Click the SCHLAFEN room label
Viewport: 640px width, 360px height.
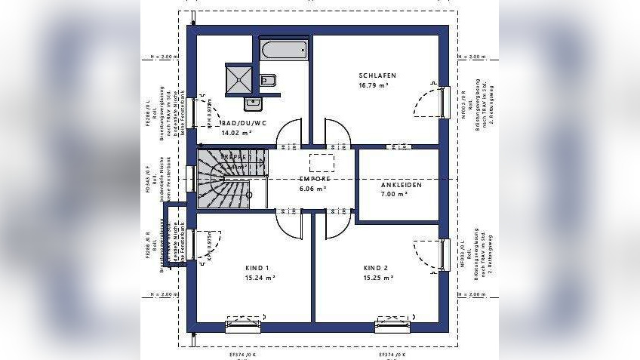click(x=377, y=75)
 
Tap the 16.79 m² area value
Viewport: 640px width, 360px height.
click(x=377, y=86)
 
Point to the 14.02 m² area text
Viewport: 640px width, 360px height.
click(x=237, y=133)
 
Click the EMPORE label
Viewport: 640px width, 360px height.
click(x=315, y=179)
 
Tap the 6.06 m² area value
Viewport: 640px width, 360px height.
click(x=313, y=189)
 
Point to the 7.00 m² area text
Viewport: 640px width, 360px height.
click(x=394, y=194)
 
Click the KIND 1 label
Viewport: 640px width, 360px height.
click(x=257, y=268)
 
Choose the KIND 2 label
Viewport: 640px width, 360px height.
click(x=375, y=268)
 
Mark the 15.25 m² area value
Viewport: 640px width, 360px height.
click(x=378, y=278)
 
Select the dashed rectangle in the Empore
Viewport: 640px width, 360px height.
click(x=322, y=162)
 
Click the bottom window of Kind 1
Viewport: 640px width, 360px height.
click(x=244, y=326)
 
